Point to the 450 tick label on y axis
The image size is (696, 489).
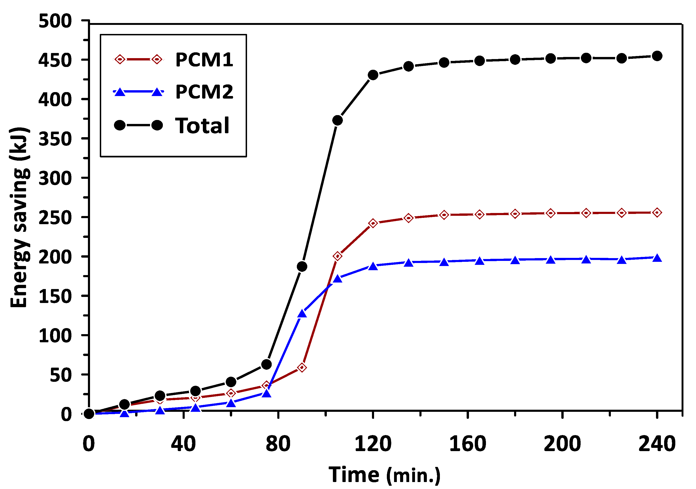point(55,60)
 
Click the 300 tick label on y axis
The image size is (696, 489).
point(55,178)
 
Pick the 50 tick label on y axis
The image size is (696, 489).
point(61,375)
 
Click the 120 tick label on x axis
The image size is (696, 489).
point(373,444)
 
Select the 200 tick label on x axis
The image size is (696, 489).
point(562,444)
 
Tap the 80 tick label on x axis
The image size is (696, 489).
point(278,444)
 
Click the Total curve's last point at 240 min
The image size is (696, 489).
point(657,56)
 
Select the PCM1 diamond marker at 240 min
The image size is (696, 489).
point(657,213)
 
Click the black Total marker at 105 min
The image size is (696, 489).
point(337,120)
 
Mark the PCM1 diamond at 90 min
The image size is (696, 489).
point(302,368)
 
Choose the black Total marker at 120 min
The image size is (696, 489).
point(373,75)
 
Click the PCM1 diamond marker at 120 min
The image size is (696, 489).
point(373,223)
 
